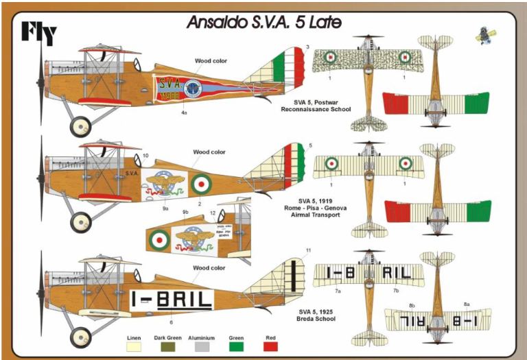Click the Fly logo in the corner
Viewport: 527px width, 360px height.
38,32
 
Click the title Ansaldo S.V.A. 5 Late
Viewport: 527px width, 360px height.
264,23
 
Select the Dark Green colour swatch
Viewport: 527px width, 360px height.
167,347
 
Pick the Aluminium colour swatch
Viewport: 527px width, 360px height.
202,347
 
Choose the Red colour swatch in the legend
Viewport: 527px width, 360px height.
271,347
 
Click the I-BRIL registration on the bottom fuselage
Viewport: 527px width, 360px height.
172,299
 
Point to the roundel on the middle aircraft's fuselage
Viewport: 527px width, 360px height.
201,184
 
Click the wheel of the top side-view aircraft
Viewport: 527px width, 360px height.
81,125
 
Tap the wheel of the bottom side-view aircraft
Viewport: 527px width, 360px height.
81,336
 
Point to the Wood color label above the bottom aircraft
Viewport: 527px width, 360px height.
209,267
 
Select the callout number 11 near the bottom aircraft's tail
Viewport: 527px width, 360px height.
308,250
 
